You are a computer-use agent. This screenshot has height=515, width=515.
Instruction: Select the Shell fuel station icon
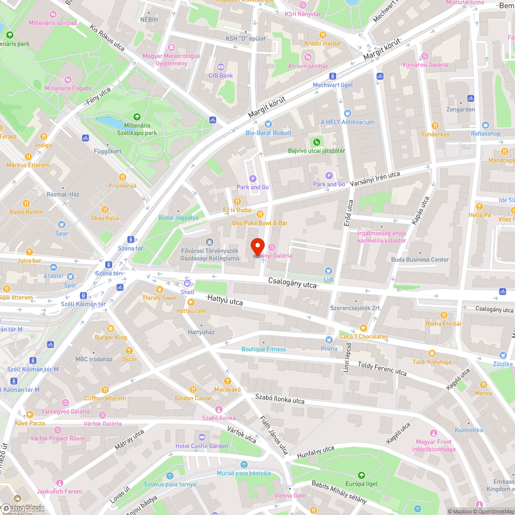(x=187, y=283)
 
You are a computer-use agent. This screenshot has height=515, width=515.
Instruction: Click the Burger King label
(x=111, y=337)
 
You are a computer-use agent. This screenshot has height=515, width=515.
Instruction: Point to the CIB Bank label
(x=220, y=75)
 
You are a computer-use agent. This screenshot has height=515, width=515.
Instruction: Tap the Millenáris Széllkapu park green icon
(x=136, y=117)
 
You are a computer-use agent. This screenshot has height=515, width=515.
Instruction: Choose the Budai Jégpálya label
(x=178, y=218)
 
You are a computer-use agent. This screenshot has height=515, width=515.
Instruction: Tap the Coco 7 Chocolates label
(x=364, y=336)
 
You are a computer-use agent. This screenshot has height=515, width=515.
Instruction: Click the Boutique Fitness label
(x=264, y=349)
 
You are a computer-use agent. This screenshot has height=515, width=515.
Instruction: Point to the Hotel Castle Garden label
(x=201, y=445)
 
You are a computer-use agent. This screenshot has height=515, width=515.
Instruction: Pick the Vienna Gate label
(x=290, y=495)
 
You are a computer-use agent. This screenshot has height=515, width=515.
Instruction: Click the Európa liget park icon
(x=361, y=475)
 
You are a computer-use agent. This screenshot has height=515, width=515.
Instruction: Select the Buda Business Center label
(x=420, y=260)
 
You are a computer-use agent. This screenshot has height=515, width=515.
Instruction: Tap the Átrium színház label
(x=308, y=66)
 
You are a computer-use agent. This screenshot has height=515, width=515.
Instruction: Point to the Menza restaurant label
(x=483, y=393)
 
